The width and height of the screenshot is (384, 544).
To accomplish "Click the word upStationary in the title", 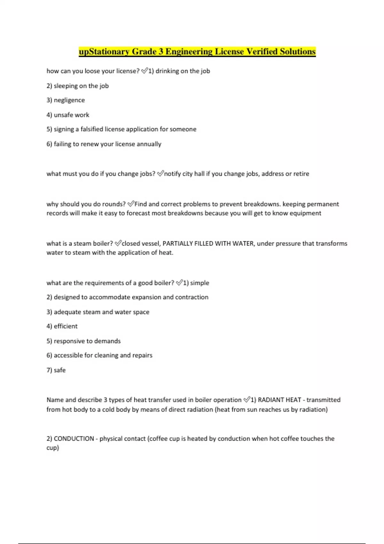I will (x=104, y=52).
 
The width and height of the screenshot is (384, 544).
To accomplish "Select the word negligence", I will (x=69, y=100).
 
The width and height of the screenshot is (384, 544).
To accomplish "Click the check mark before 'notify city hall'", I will (x=160, y=173).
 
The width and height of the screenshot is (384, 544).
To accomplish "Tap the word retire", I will (x=301, y=174).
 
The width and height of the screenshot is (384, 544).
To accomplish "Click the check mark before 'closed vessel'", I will (x=118, y=243).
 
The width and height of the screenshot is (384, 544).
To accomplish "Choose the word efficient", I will (x=66, y=326).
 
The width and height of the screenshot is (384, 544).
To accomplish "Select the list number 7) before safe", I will (x=49, y=370).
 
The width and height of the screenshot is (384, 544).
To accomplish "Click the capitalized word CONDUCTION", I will (x=74, y=439).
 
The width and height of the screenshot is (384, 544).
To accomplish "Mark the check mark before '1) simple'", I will (x=179, y=283).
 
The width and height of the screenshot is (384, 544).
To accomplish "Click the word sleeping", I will (x=66, y=86).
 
